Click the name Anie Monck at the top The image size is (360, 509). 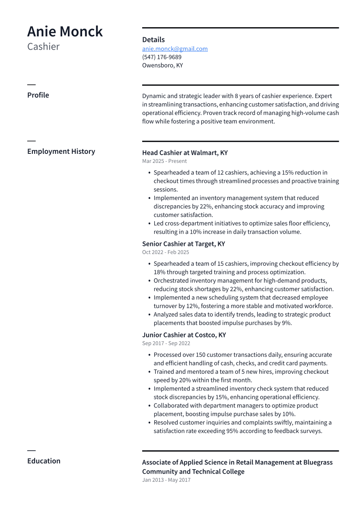[x=65, y=32]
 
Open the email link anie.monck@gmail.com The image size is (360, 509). [x=175, y=49]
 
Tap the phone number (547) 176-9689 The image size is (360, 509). [x=162, y=57]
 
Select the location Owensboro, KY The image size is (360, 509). [x=162, y=66]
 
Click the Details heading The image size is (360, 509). [x=153, y=40]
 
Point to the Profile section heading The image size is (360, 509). [x=38, y=95]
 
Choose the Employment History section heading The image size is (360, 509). [x=61, y=151]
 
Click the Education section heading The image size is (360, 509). [x=44, y=461]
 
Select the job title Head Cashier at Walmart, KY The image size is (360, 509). [x=185, y=153]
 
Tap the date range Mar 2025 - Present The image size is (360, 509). [x=164, y=161]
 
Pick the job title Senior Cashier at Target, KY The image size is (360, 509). [x=183, y=244]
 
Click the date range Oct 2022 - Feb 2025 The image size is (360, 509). [x=166, y=252]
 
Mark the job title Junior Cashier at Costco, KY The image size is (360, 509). [x=184, y=335]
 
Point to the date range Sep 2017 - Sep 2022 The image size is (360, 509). [x=166, y=344]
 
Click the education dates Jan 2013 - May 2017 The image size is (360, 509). [x=166, y=480]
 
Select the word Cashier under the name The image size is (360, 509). [x=43, y=47]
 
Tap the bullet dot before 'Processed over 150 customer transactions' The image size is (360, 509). [x=149, y=355]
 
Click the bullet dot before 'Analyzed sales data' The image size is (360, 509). [x=149, y=315]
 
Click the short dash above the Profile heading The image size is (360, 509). [x=31, y=85]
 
